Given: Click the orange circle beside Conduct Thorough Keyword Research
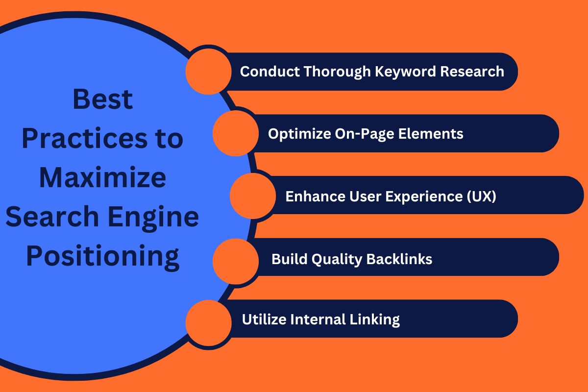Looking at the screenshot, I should point(208,72).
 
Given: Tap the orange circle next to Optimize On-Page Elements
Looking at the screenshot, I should point(236,133).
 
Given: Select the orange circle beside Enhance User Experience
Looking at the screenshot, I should point(252,196).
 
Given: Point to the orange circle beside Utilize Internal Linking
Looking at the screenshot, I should point(208,320).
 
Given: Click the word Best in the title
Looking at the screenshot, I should point(103,99).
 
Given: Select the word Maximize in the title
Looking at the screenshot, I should point(103,178).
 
